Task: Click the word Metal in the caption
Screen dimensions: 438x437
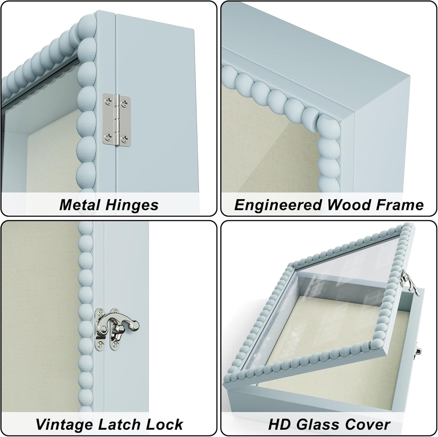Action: tap(80, 205)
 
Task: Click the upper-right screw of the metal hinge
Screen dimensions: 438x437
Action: tap(125, 103)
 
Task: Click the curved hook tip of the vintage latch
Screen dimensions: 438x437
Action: tap(135, 324)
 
